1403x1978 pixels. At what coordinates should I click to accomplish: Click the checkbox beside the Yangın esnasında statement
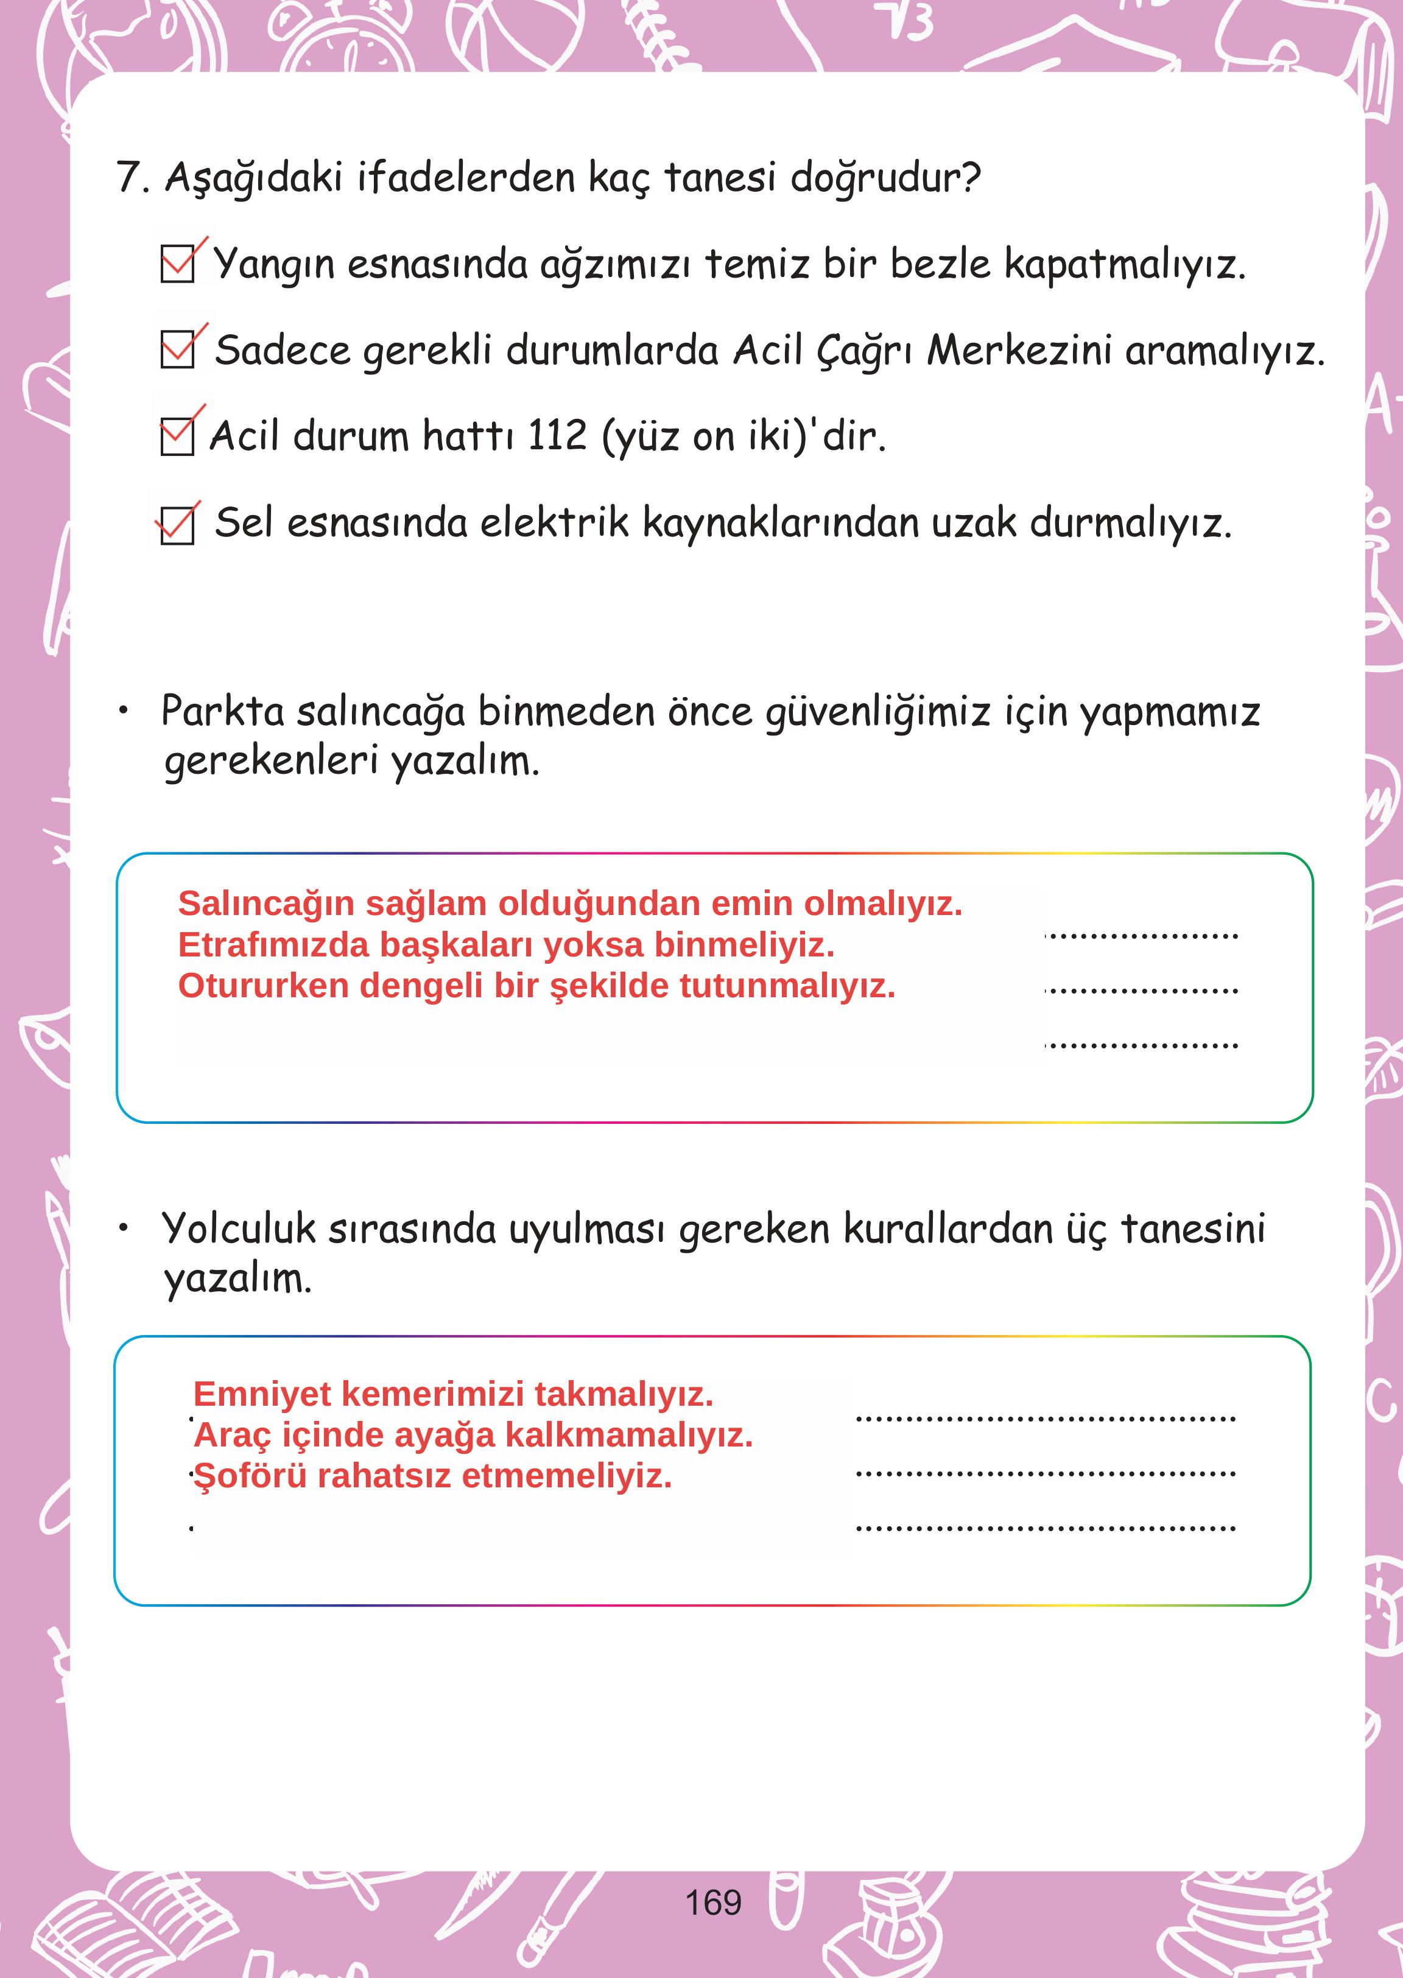point(178,264)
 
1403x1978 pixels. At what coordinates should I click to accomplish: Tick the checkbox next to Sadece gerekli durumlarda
point(178,351)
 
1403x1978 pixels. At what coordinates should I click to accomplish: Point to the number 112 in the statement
point(557,435)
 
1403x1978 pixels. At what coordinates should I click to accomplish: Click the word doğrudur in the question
point(885,178)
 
